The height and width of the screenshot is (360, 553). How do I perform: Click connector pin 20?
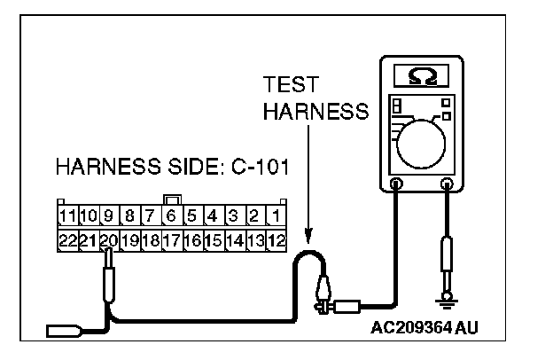tap(108, 239)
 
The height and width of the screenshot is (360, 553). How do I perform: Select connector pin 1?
tap(276, 215)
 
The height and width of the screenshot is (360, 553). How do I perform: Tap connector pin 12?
tap(276, 239)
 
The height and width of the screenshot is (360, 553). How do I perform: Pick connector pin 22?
tap(66, 239)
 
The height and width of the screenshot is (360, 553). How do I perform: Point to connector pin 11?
tap(66, 215)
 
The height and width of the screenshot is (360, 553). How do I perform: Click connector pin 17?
tap(171, 239)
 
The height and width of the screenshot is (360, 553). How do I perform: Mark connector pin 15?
tap(213, 239)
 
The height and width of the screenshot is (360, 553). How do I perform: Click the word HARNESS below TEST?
tap(315, 112)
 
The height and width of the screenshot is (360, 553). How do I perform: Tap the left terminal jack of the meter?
tap(395, 184)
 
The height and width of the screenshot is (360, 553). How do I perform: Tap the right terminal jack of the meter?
tap(448, 184)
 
